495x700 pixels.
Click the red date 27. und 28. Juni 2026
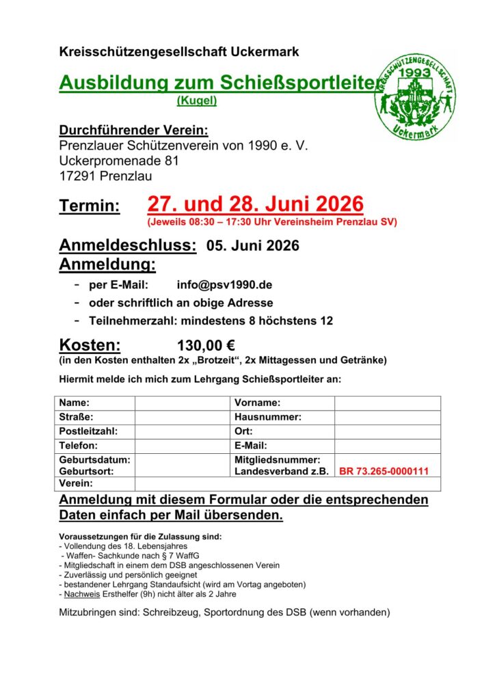pyautogui.click(x=255, y=204)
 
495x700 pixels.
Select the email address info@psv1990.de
pyautogui.click(x=215, y=285)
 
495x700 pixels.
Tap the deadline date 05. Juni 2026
pyautogui.click(x=253, y=246)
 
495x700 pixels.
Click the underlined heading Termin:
pyautogui.click(x=90, y=206)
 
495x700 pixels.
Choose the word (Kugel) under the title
pyautogui.click(x=197, y=100)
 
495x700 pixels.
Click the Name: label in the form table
pyautogui.click(x=75, y=403)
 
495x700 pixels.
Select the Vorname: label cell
pyautogui.click(x=258, y=403)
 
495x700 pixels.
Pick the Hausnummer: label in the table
pyautogui.click(x=268, y=417)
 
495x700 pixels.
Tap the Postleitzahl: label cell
pyautogui.click(x=89, y=431)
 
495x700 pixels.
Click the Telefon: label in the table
pyautogui.click(x=79, y=446)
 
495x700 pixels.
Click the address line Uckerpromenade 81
pyautogui.click(x=119, y=161)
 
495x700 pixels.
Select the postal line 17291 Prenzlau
pyautogui.click(x=105, y=176)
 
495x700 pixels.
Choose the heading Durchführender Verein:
pyautogui.click(x=133, y=131)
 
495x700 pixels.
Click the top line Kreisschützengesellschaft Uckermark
pyautogui.click(x=179, y=52)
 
